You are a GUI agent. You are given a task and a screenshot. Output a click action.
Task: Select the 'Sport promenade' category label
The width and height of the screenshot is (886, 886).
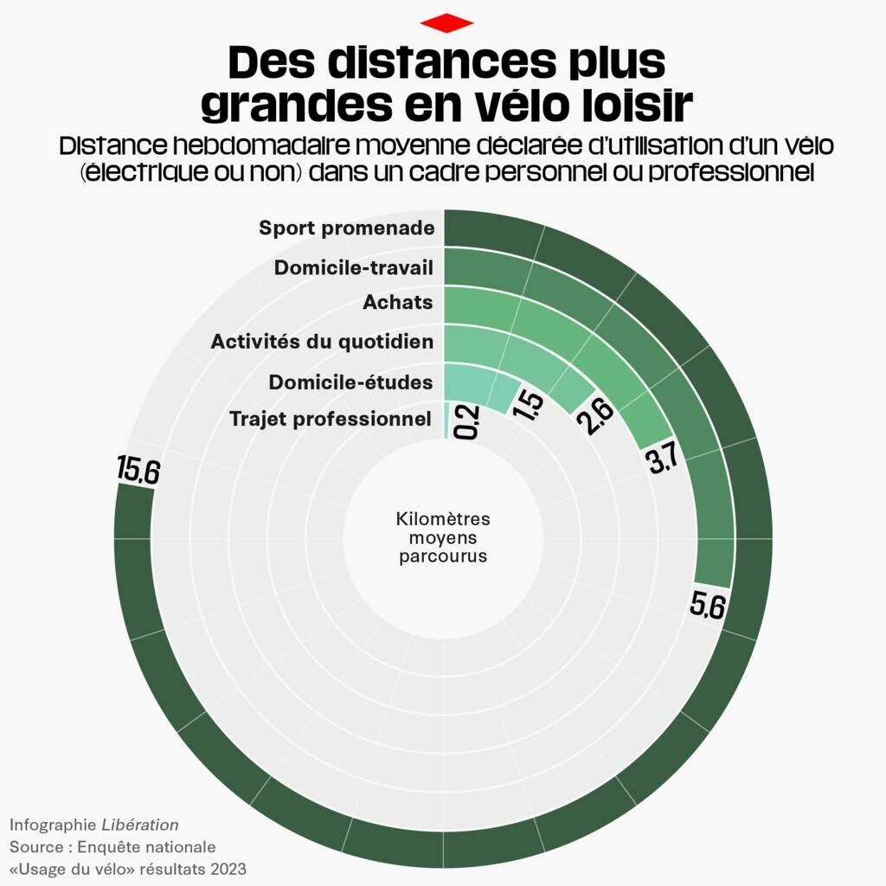(x=346, y=228)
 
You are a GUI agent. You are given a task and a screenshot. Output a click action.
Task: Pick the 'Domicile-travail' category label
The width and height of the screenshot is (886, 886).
(x=353, y=267)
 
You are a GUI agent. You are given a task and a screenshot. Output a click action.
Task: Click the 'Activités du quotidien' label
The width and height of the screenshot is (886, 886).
(x=322, y=342)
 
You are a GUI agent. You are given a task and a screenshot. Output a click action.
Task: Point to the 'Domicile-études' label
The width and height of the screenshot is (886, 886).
(x=350, y=382)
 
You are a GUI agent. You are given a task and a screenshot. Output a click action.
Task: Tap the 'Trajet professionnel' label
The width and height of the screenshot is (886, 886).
(x=331, y=420)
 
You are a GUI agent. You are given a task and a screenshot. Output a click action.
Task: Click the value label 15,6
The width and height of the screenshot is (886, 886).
(x=139, y=471)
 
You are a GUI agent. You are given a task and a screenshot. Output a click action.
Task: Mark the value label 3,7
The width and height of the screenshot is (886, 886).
(x=662, y=459)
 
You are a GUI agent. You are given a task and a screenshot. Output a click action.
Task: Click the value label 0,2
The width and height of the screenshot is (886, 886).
(x=466, y=421)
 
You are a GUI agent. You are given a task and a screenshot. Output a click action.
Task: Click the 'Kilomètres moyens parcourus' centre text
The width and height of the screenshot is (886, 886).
(x=443, y=537)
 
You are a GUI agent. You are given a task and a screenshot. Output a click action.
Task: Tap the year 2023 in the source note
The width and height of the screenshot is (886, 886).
(x=227, y=868)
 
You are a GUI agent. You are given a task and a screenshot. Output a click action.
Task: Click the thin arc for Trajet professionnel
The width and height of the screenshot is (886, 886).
(x=446, y=421)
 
